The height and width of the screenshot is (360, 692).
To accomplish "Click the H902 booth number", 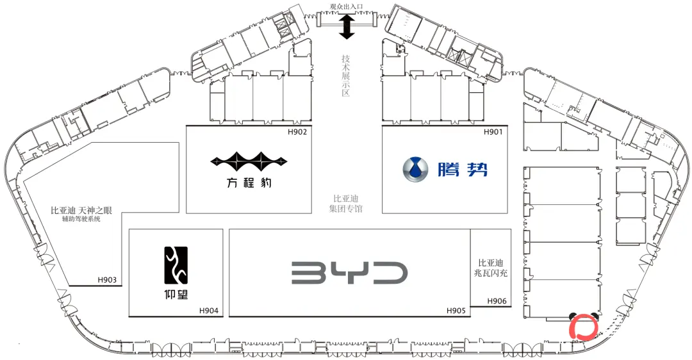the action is tap(297, 131).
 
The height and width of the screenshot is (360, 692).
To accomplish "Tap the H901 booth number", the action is tap(493, 131).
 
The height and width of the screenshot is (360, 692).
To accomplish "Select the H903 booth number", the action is tap(107, 280).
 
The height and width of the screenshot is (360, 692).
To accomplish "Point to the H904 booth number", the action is tap(209, 311).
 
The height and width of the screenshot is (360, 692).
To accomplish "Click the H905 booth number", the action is tap(456, 311).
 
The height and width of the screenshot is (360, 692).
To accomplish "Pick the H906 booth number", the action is tap(497, 301).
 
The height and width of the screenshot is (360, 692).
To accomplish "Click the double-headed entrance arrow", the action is tap(347, 26).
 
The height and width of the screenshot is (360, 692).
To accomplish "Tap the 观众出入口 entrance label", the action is tap(347, 6).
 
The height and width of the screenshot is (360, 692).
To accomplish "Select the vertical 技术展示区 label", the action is tap(345, 76).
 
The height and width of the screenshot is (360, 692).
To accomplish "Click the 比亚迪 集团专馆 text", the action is tap(345, 204).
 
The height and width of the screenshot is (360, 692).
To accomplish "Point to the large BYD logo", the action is tap(349, 273).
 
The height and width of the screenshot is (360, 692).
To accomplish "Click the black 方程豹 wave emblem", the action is tap(249, 162).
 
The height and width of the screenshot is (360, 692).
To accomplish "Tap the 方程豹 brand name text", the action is tap(249, 182).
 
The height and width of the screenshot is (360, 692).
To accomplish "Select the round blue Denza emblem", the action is tap(415, 169).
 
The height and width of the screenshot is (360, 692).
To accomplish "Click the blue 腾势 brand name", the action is tap(463, 169).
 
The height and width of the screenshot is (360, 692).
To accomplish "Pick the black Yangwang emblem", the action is tap(176, 265).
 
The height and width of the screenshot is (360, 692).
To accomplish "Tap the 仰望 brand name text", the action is tap(176, 294).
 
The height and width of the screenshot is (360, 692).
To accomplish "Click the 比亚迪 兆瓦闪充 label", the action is tap(491, 268).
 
